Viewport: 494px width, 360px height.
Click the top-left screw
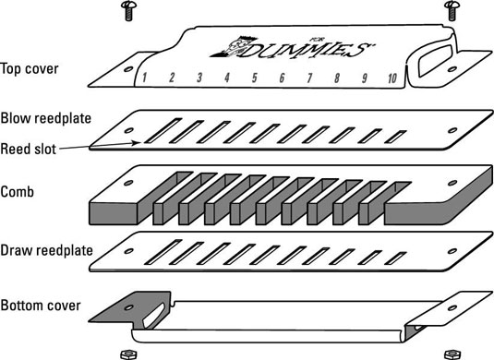click(128, 11)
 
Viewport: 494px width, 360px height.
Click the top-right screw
click(452, 11)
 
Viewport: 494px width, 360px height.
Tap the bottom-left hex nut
click(128, 354)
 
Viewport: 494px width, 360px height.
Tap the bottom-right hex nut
click(452, 354)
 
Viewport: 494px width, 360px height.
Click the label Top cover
click(30, 69)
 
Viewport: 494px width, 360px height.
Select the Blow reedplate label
click(45, 118)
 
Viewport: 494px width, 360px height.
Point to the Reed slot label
click(28, 149)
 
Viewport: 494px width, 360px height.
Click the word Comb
click(17, 192)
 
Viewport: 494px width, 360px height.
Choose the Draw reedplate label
click(46, 250)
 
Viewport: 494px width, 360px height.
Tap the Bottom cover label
click(41, 306)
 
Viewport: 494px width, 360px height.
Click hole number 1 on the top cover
click(144, 78)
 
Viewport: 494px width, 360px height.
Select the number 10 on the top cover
click(392, 78)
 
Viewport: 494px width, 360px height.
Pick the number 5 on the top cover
click(255, 78)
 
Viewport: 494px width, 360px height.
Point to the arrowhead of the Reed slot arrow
click(137, 143)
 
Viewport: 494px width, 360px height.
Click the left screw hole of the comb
click(128, 183)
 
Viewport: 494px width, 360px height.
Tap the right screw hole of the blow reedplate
click(452, 130)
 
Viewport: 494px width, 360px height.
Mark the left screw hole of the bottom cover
click(128, 307)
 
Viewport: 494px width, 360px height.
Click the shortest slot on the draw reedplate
click(395, 258)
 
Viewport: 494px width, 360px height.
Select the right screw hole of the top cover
click(452, 69)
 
